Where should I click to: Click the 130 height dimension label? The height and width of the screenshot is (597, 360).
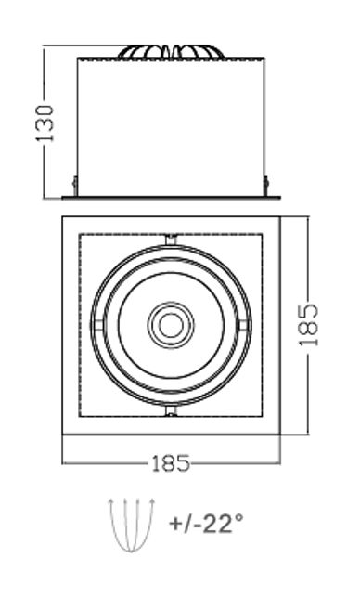click(45, 123)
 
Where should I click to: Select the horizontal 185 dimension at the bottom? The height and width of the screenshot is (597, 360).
click(171, 463)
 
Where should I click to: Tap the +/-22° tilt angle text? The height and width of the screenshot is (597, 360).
click(206, 523)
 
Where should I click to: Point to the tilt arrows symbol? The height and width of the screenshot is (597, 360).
click(132, 525)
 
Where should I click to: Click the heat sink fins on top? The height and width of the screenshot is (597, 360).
click(171, 52)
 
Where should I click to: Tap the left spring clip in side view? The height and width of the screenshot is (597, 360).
click(75, 186)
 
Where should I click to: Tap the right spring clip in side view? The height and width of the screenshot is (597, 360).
click(266, 186)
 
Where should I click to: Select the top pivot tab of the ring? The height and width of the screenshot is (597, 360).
click(171, 240)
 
